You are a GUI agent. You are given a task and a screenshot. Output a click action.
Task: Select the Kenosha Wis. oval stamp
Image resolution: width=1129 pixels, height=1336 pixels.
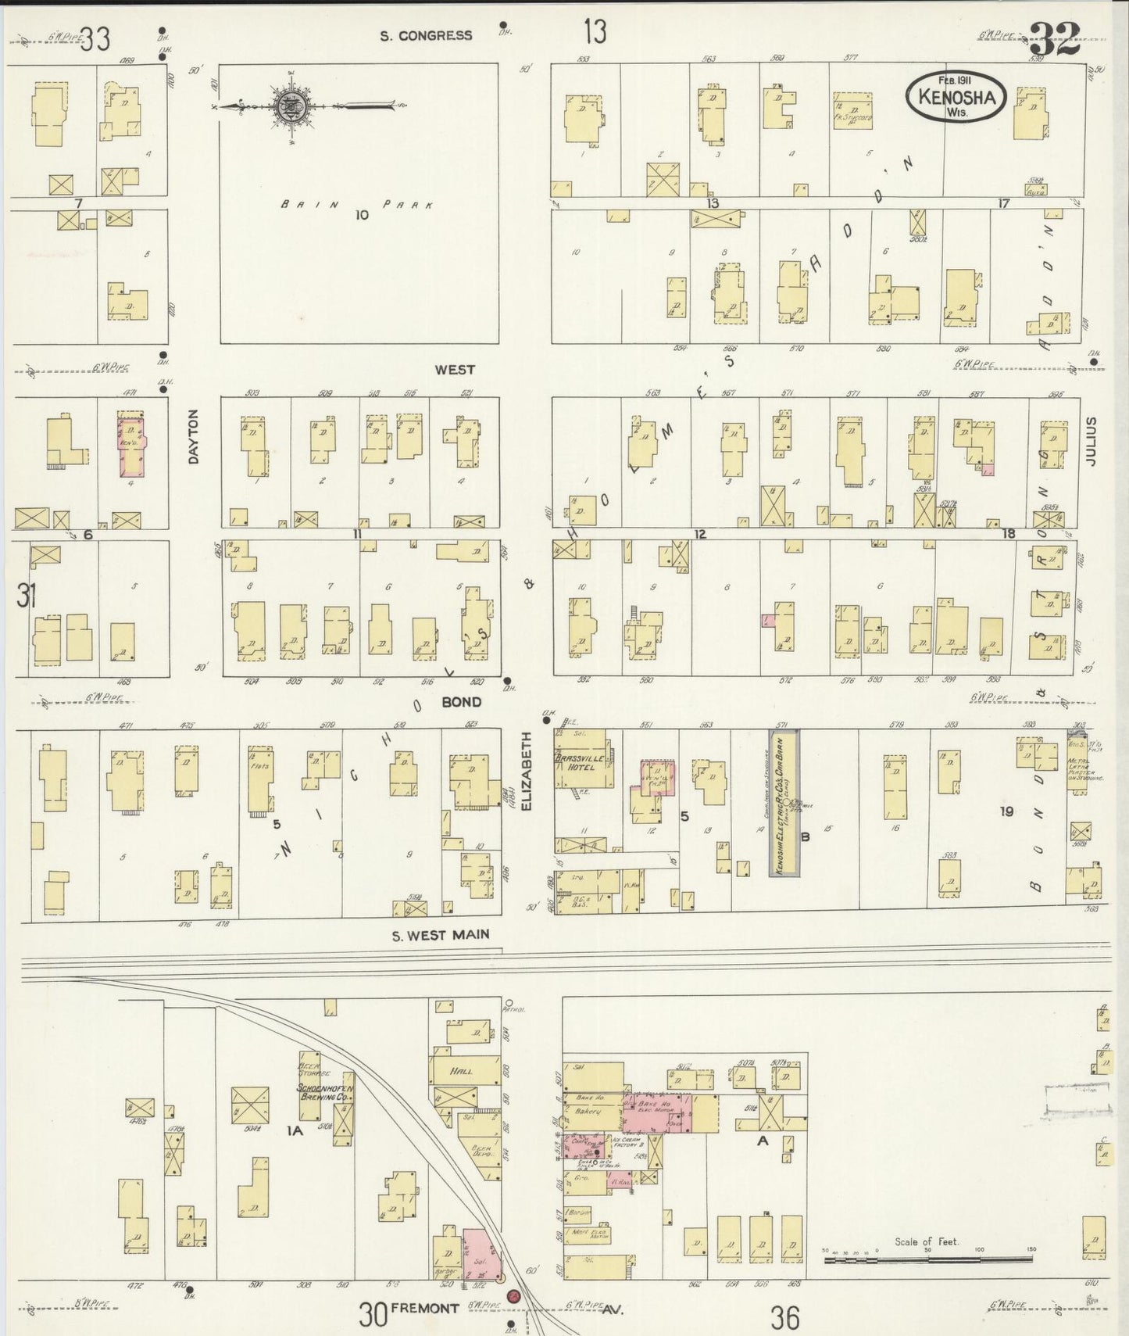[956, 97]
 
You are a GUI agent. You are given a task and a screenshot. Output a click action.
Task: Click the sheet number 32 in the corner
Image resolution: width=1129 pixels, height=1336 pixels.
[1054, 38]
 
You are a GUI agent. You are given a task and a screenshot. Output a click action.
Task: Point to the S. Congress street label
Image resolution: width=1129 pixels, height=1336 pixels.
[426, 35]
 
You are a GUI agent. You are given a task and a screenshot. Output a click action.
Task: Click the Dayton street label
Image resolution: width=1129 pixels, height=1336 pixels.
[193, 437]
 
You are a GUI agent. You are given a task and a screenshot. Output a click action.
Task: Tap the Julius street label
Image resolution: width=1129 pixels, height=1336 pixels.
[1091, 442]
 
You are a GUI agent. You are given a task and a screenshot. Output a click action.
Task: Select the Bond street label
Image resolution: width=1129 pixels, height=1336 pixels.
[461, 702]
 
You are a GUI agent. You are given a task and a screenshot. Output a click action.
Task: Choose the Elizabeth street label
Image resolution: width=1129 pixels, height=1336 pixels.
[526, 770]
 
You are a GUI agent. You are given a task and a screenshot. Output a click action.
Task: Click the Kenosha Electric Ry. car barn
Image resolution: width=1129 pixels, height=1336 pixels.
[784, 803]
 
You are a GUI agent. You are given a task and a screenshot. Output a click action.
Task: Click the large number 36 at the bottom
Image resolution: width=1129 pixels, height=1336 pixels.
[784, 1317]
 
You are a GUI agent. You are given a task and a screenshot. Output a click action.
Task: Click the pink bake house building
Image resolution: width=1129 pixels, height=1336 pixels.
[658, 1112]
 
